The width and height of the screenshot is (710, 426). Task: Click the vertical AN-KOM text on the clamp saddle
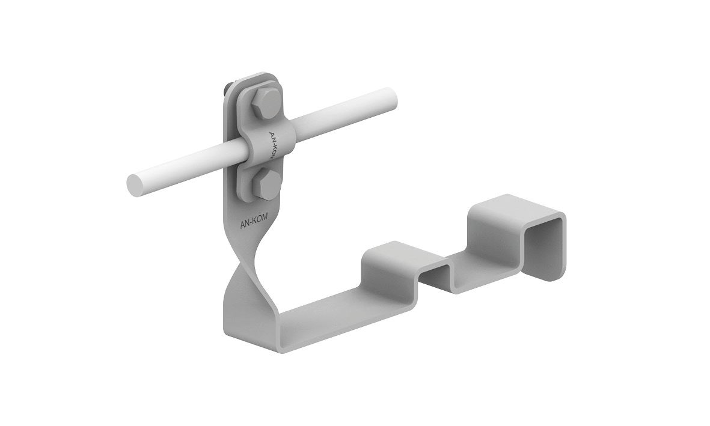tap(274, 144)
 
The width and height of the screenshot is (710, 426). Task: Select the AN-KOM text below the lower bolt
tap(253, 219)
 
